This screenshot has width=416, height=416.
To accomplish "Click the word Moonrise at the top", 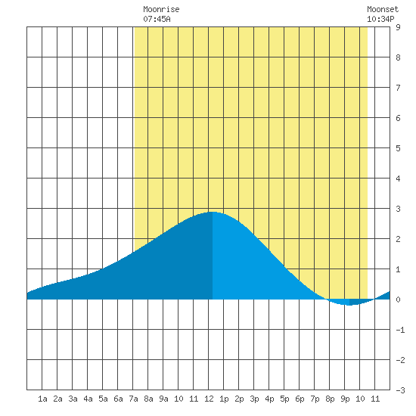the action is (161, 9).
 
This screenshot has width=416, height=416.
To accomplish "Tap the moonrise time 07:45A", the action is (157, 19).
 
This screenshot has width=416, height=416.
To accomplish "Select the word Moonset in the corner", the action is (383, 9).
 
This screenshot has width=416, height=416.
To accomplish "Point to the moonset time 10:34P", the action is (380, 19).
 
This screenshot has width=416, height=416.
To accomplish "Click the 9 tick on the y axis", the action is (398, 27).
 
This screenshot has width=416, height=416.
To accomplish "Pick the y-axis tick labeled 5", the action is (398, 148).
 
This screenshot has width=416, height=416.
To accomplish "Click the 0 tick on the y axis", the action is (398, 300).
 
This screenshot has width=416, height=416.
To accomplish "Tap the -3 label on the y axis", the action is (400, 390).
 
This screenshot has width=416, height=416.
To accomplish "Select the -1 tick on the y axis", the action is (400, 330).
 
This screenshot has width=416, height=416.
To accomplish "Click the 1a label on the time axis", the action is (42, 399).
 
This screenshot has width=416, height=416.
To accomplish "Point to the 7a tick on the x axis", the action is (133, 399).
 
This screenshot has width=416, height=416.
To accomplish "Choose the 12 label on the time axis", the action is (209, 399).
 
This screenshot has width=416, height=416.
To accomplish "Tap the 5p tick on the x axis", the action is (284, 399).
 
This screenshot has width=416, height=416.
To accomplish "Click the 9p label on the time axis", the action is (345, 399).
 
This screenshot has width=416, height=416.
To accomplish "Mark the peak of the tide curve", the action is (213, 212).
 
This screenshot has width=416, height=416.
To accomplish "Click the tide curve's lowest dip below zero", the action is (349, 305).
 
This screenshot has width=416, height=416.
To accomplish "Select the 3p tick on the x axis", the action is (254, 399).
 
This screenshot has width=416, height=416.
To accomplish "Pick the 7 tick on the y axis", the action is (398, 88).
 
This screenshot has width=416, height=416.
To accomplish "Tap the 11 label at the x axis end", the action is (375, 399).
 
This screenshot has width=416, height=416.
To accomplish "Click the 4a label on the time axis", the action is (88, 399).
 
